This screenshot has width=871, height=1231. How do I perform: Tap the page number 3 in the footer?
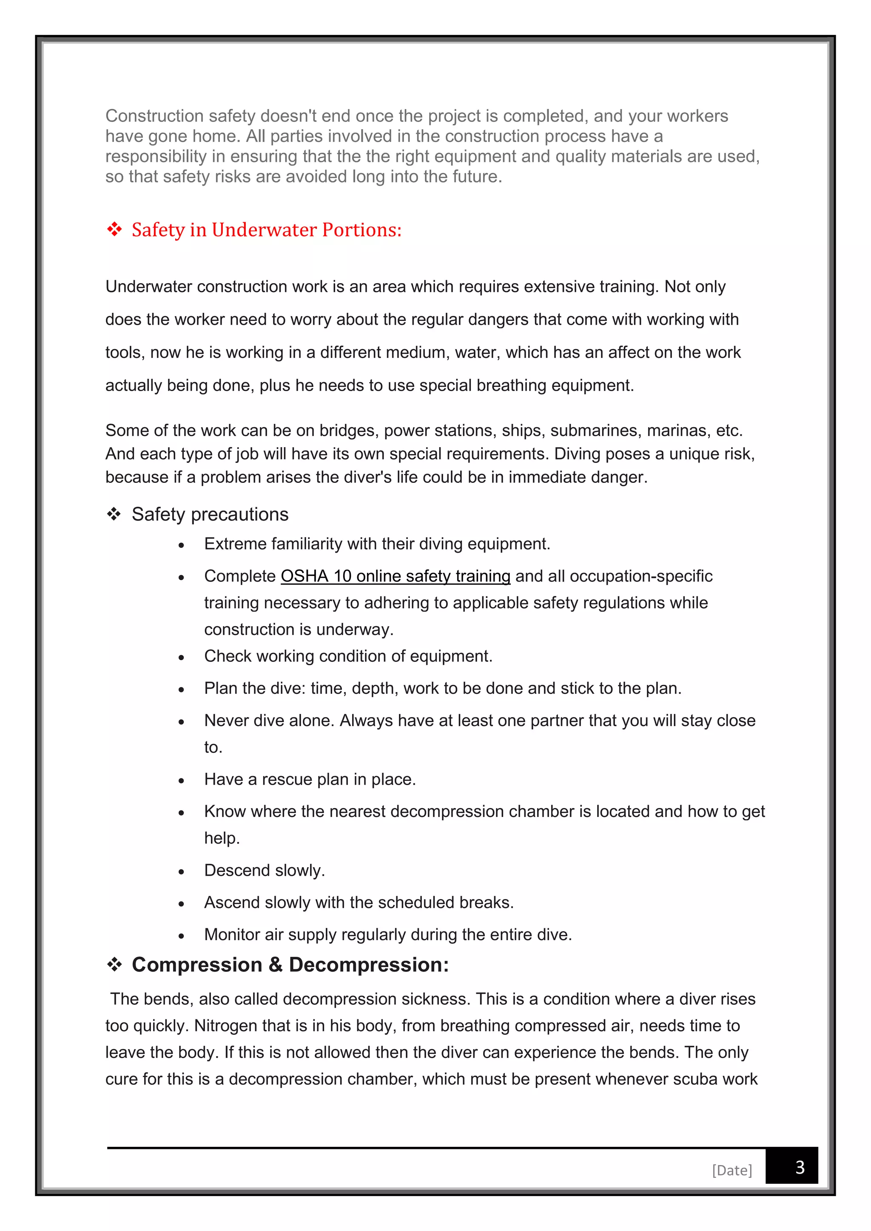(799, 1167)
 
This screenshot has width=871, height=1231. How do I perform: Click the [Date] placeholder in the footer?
(732, 1170)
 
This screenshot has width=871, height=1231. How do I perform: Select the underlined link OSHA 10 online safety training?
(395, 576)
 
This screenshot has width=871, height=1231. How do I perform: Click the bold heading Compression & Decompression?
(290, 964)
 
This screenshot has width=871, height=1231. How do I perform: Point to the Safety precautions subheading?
(210, 514)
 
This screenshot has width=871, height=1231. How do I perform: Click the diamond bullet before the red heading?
(114, 230)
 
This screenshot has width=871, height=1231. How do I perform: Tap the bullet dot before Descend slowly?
(181, 872)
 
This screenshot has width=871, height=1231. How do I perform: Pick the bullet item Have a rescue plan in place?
(310, 779)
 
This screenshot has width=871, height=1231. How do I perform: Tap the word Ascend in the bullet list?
(232, 902)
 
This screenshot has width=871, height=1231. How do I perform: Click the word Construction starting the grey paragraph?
(154, 116)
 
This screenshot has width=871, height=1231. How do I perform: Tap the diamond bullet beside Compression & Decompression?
(114, 965)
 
